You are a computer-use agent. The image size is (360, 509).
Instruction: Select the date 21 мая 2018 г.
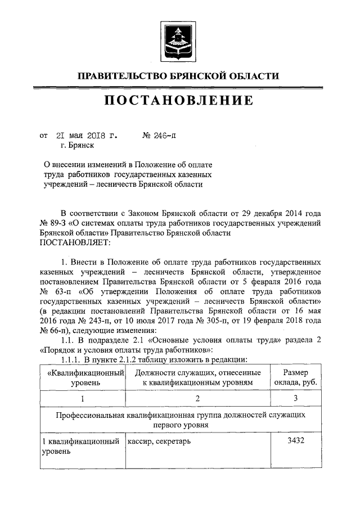pyautogui.click(x=87, y=136)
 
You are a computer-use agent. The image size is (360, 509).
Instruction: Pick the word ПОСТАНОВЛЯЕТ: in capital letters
pyautogui.click(x=76, y=242)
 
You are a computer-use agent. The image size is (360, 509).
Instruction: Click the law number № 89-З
pyautogui.click(x=54, y=223)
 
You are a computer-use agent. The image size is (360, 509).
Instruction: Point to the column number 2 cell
pyautogui.click(x=197, y=399)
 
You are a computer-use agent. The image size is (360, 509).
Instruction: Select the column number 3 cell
pyautogui.click(x=295, y=399)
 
